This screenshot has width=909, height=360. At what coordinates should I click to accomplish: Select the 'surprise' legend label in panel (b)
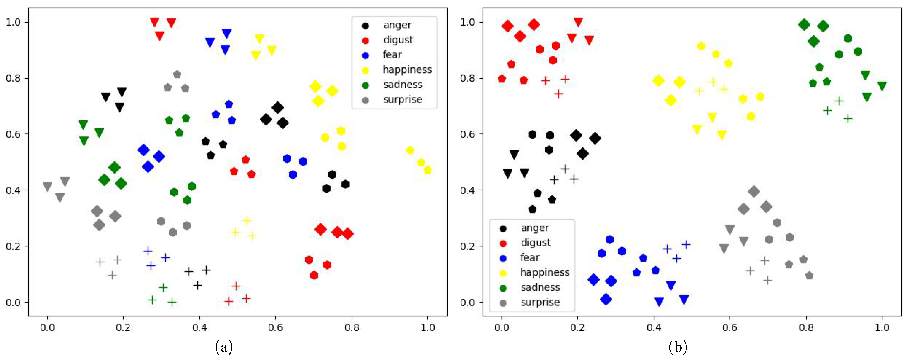coord(540,302)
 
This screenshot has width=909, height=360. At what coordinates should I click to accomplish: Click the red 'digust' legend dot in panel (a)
coord(365,41)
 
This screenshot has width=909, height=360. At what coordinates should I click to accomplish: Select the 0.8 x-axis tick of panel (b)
coord(806,328)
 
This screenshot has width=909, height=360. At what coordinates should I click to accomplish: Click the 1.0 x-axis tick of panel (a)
coord(428,328)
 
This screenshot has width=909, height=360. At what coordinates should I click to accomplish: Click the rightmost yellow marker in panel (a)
coord(428,170)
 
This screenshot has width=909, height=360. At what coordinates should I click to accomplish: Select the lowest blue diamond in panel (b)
coord(606,299)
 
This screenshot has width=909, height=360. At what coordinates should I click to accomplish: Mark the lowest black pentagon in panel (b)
coord(532,209)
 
